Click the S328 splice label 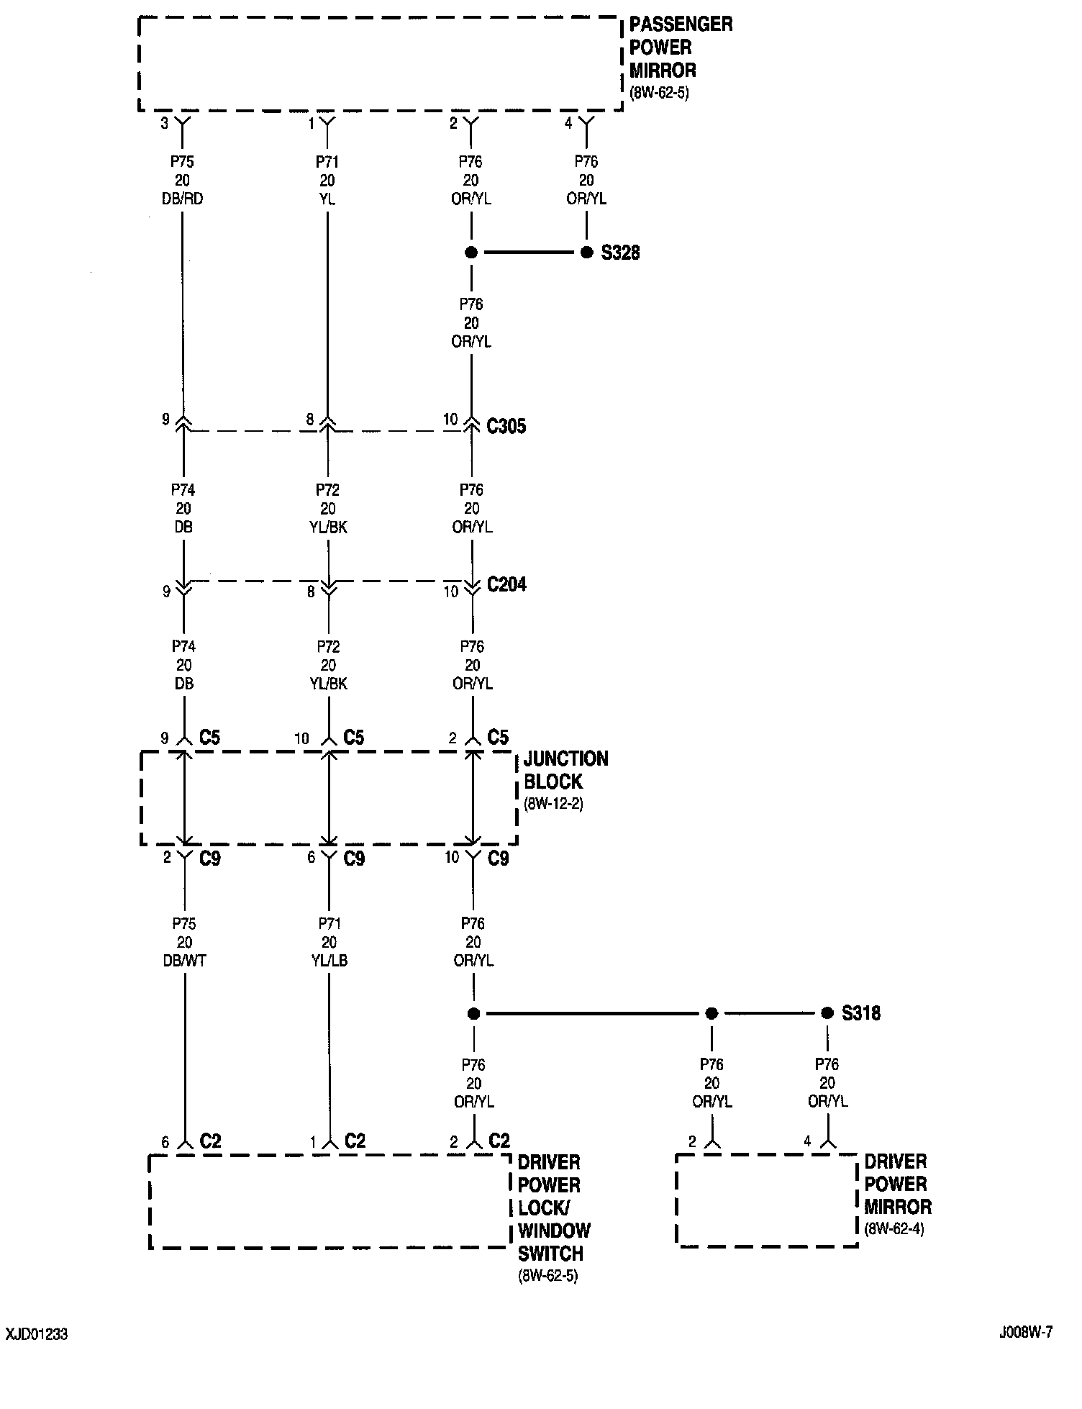coord(620,253)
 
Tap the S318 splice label coord(861,1013)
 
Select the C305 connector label coord(506,427)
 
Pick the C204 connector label coord(506,584)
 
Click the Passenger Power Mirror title coord(681,47)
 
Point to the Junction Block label coord(565,770)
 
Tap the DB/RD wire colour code coord(183,199)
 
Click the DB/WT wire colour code coord(185,961)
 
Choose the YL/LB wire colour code coord(329,961)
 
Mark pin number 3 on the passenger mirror coord(165,124)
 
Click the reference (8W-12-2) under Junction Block coord(553,804)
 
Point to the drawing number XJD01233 coord(37,1334)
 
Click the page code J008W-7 coord(1025,1332)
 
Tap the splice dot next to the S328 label coord(587,253)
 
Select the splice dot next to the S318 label coord(827,1013)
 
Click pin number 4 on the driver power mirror coord(808,1141)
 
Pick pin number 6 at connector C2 coord(165,1142)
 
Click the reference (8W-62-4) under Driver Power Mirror coord(894,1228)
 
